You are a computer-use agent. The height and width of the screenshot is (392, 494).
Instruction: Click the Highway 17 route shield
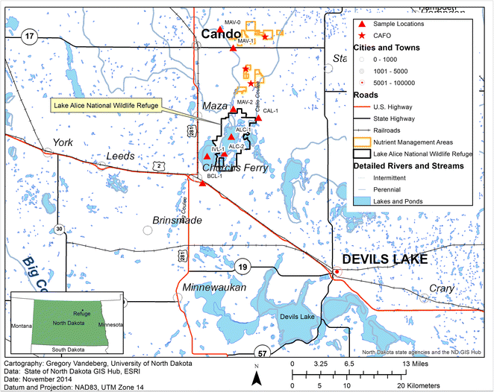[x=29, y=35]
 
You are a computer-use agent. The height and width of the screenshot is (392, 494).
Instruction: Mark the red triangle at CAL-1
[x=258, y=118]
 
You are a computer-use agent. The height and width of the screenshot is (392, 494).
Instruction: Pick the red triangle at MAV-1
[x=234, y=48]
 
